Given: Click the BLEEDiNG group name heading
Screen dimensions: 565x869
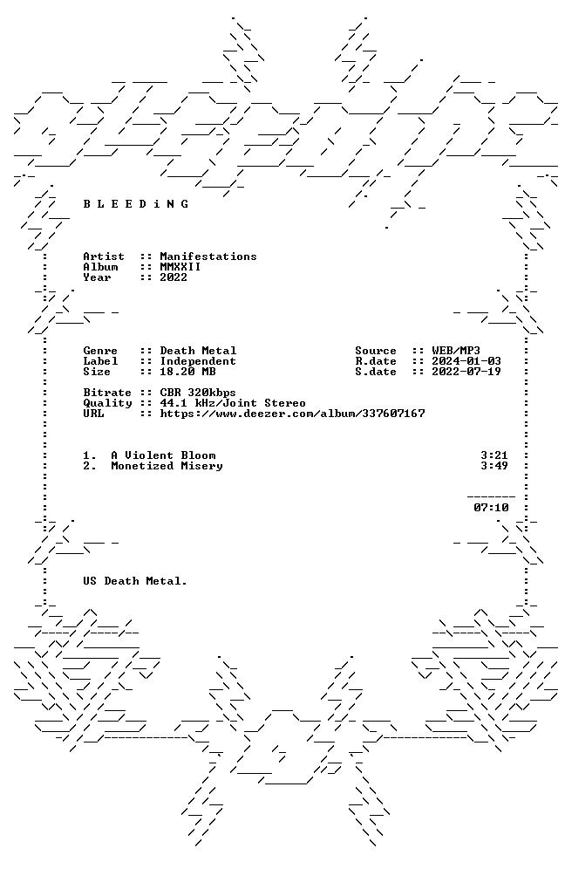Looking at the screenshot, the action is pyautogui.click(x=136, y=204).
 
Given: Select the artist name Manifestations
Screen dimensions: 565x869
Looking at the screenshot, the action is pyautogui.click(x=208, y=257).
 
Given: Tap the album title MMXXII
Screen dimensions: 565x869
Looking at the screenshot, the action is pyautogui.click(x=180, y=267).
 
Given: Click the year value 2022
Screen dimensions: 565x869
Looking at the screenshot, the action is pyautogui.click(x=174, y=277).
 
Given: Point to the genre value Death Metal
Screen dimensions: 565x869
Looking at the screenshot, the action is pyautogui.click(x=198, y=351).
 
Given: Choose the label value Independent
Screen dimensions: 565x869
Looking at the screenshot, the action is pyautogui.click(x=198, y=361).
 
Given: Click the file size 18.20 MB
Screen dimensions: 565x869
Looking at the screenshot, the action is pyautogui.click(x=187, y=372).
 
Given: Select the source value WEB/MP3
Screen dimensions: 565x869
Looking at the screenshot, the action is pyautogui.click(x=456, y=351).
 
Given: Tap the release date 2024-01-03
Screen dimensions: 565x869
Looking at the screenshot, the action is pyautogui.click(x=466, y=361).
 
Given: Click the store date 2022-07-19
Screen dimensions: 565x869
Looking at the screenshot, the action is pyautogui.click(x=466, y=372).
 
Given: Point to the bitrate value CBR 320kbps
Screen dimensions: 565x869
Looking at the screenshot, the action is pyautogui.click(x=198, y=393).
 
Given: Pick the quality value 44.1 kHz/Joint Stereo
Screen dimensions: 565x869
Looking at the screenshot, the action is pyautogui.click(x=233, y=403).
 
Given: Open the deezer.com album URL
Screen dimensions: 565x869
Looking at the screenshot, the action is pyautogui.click(x=292, y=414).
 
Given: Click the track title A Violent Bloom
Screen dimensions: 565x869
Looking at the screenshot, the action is pyautogui.click(x=163, y=455).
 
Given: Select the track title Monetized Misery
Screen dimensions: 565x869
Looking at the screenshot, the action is pyautogui.click(x=167, y=466).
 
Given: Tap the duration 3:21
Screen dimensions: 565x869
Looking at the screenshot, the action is pyautogui.click(x=494, y=455).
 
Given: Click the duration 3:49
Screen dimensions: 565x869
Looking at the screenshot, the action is pyautogui.click(x=494, y=466).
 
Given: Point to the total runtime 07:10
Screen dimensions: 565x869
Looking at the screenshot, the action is pyautogui.click(x=491, y=508).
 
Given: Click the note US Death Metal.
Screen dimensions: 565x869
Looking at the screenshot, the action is pyautogui.click(x=135, y=581).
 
